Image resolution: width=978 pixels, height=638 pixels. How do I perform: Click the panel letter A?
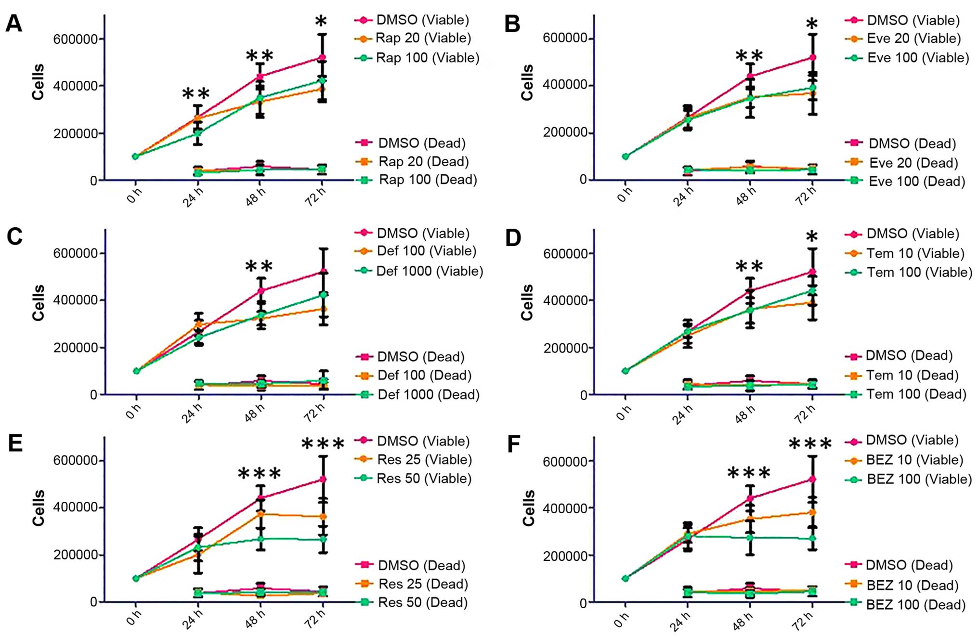(x=13, y=23)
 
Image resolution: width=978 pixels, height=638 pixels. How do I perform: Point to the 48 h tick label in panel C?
(x=255, y=413)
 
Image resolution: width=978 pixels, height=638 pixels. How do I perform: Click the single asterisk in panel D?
(x=812, y=236)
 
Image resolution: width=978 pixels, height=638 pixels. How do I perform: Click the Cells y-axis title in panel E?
(x=38, y=508)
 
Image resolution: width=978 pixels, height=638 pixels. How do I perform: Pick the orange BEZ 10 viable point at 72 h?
(x=812, y=512)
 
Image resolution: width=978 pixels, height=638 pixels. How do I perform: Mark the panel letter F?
(x=514, y=444)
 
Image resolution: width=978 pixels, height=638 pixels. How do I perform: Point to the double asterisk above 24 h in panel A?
(x=196, y=93)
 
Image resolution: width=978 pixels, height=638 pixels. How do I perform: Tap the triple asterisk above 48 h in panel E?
(x=260, y=474)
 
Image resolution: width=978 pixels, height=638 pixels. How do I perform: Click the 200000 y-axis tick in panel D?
(x=565, y=348)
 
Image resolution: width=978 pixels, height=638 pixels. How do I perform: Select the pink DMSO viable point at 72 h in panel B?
(x=812, y=57)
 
